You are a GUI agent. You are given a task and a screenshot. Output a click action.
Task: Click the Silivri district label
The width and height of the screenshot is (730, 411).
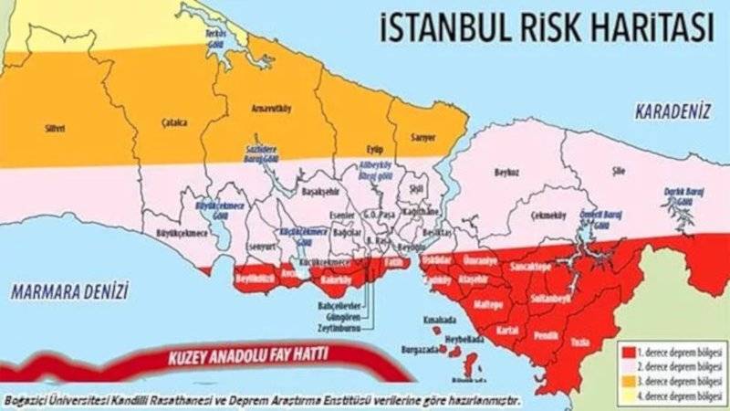tap(54, 129)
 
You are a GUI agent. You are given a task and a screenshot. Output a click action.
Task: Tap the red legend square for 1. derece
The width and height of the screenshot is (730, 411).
tap(629, 349)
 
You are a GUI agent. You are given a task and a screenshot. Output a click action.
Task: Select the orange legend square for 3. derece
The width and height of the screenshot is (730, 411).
tap(629, 380)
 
